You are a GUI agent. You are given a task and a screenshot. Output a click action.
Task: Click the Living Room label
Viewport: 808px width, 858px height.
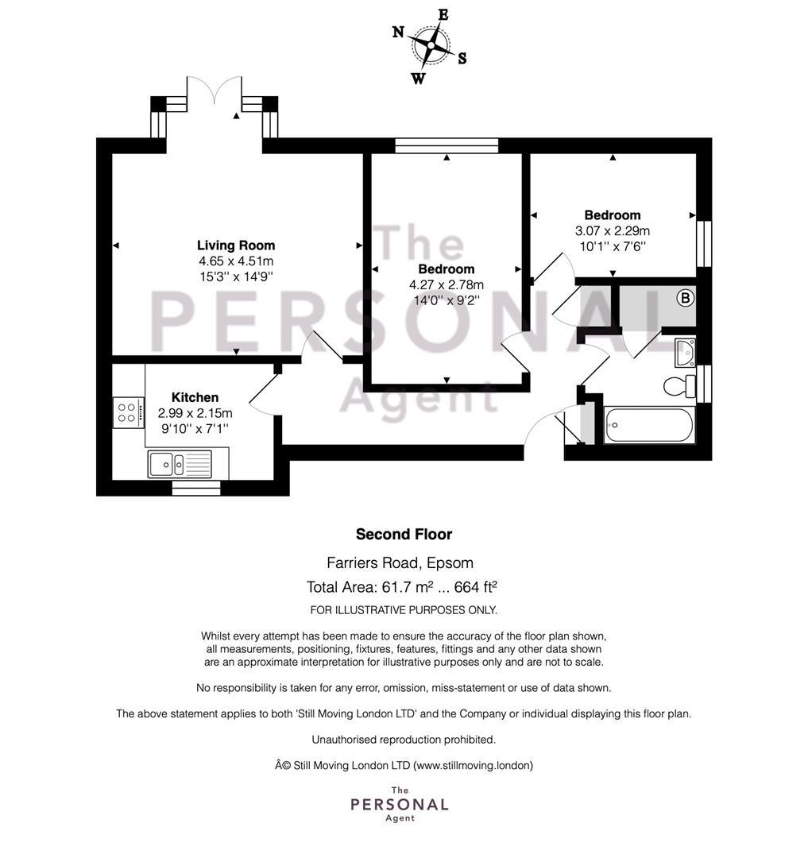(x=236, y=245)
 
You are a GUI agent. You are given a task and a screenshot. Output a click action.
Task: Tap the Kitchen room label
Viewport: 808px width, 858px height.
(x=195, y=397)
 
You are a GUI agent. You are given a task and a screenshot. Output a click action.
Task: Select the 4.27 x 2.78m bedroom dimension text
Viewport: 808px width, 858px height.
(x=447, y=284)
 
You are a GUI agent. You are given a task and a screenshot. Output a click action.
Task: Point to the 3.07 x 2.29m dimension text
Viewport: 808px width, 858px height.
(x=612, y=231)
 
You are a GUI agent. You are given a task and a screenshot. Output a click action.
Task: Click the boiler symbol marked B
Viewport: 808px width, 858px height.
(x=685, y=298)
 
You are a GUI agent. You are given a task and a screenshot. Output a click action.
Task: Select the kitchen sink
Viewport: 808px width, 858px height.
(x=180, y=464)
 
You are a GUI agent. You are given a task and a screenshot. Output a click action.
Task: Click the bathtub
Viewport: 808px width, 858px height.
(x=649, y=425)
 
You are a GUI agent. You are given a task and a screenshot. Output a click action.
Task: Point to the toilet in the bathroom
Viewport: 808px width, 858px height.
(x=679, y=387)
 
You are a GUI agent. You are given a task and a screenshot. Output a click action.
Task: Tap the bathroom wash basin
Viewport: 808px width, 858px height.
(x=685, y=353)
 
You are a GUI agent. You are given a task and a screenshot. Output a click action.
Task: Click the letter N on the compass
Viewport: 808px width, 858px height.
(x=398, y=32)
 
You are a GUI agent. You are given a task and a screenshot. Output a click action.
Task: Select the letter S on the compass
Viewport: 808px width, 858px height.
(x=462, y=59)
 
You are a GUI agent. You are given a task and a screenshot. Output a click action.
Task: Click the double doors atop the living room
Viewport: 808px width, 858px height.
(x=214, y=91)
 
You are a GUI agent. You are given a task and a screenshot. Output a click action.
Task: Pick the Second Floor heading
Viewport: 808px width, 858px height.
(x=404, y=534)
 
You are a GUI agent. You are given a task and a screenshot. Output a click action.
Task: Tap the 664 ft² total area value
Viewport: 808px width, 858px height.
(x=475, y=586)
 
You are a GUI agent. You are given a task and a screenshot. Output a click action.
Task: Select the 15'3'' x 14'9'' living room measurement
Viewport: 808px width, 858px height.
(x=236, y=276)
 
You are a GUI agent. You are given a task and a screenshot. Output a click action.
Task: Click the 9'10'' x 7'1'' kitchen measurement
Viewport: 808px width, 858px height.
(x=195, y=428)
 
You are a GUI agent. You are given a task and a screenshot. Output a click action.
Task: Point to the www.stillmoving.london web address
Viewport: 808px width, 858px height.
(x=473, y=766)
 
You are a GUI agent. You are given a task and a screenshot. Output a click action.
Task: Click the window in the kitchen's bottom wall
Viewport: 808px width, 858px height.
(x=196, y=488)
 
